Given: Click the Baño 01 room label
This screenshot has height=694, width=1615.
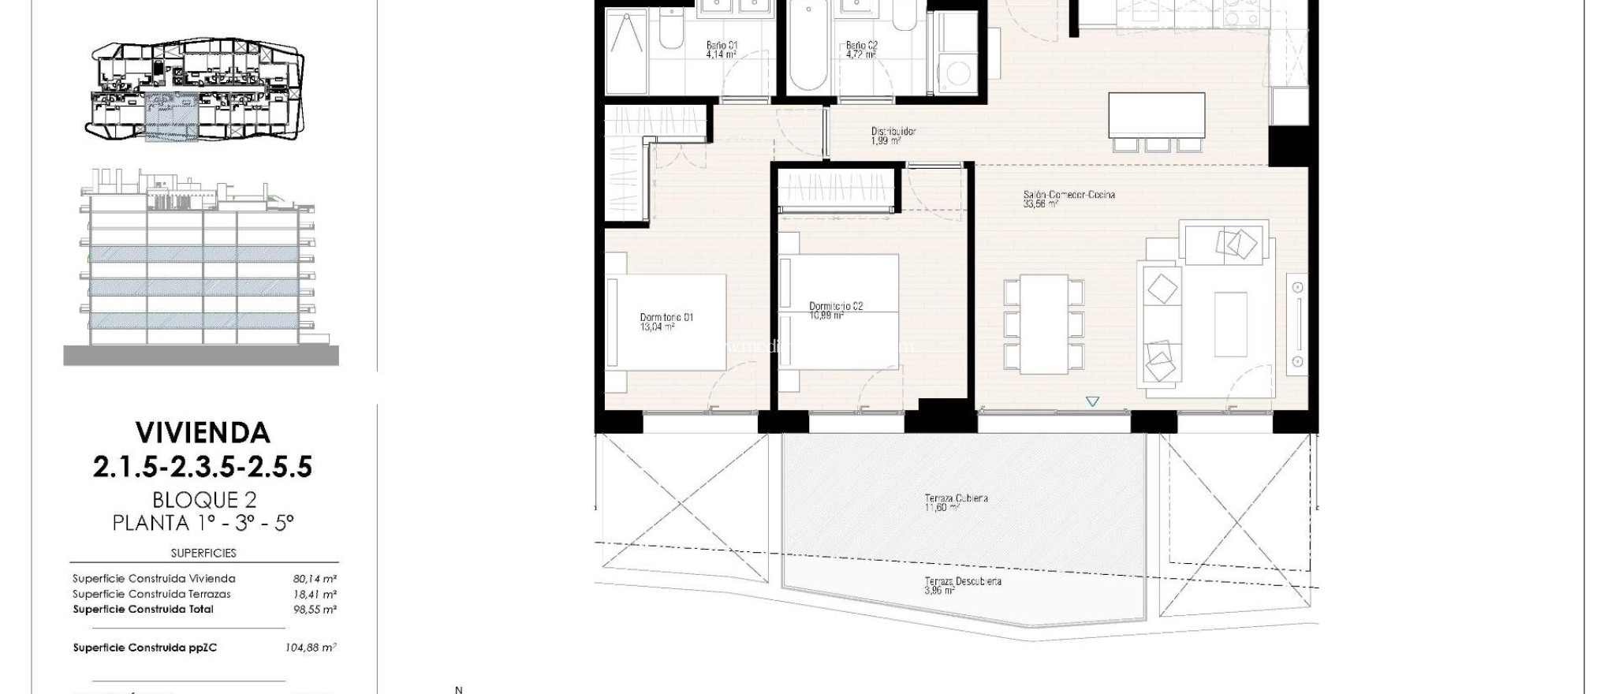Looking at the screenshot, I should coord(722,46).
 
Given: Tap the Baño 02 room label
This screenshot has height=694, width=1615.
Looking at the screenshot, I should coord(861,46).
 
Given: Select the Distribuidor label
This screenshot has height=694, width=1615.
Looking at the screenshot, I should coord(893,132).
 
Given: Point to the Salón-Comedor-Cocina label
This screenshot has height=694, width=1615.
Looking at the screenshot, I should coord(1069,195).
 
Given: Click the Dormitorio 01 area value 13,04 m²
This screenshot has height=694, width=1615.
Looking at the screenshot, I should coord(657,326).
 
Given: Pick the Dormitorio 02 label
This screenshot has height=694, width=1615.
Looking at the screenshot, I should coord(836,306).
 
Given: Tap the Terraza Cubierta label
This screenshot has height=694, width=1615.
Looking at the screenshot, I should coord(956,498).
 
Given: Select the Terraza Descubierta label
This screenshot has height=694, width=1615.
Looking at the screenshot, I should coord(963,581).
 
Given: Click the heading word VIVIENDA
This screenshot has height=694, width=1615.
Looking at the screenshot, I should coord(203,433).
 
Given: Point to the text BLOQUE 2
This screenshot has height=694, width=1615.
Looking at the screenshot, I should coord(204,500).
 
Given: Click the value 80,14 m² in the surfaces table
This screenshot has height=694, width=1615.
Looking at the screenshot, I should coord(315,579).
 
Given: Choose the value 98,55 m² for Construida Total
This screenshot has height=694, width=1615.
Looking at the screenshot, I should coord(315,610).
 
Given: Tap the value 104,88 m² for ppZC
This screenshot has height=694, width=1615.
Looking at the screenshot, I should coord(311,647).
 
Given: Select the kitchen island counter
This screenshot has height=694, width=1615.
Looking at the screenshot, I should coord(1156,115).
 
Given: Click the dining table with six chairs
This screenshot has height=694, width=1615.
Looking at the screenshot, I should coord(1043,324).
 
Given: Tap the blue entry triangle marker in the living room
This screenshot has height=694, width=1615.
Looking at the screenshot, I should coord(1092,402).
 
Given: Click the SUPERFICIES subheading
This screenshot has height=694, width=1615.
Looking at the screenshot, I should coord(203,553).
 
